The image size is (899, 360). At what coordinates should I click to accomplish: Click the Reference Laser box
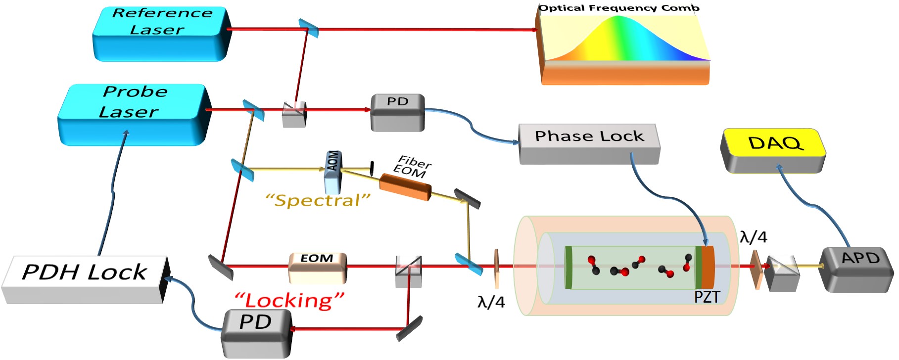pyautogui.click(x=162, y=34)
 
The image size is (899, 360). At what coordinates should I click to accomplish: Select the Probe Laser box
pyautogui.click(x=133, y=114)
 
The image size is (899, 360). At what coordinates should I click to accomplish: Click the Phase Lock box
pyautogui.click(x=589, y=144)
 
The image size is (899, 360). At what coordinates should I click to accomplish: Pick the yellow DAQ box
pyautogui.click(x=773, y=150)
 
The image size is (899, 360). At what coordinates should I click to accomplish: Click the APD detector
pyautogui.click(x=857, y=270)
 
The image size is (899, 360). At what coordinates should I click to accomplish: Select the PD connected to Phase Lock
pyautogui.click(x=398, y=112)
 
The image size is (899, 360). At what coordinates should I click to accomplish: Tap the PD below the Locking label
pyautogui.click(x=256, y=334)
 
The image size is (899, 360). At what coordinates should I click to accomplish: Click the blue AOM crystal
pyautogui.click(x=332, y=172)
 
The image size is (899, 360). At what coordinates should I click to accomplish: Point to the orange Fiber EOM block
pyautogui.click(x=405, y=187)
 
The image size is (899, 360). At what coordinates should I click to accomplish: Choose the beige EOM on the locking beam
pyautogui.click(x=318, y=268)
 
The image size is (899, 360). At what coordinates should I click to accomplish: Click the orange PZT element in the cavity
pyautogui.click(x=708, y=267)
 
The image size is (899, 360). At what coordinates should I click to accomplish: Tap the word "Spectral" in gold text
pyautogui.click(x=318, y=201)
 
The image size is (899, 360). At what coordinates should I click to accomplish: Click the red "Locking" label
pyautogui.click(x=289, y=300)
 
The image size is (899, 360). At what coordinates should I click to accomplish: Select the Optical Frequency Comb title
pyautogui.click(x=619, y=8)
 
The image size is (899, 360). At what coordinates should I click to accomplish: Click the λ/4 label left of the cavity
pyautogui.click(x=491, y=302)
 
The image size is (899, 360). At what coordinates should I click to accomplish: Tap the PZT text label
pyautogui.click(x=707, y=297)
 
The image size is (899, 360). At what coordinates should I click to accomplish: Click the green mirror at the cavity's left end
pyautogui.click(x=568, y=267)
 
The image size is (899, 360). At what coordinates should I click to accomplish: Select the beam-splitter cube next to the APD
pyautogui.click(x=782, y=273)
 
